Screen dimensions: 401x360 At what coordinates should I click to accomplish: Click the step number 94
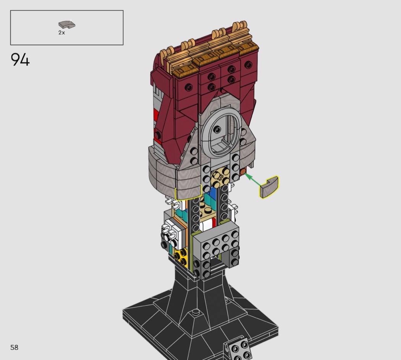tap(20, 60)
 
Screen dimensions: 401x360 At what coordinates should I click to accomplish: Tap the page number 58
tap(15, 347)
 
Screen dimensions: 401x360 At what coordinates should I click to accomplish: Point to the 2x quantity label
tap(61, 32)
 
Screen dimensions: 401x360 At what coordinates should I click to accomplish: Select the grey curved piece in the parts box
tap(67, 24)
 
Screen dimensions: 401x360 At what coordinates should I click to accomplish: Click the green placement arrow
tap(254, 179)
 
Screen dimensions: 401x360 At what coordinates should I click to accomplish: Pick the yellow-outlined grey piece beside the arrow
tap(269, 187)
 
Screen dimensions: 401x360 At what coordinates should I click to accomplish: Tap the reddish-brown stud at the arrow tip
tap(243, 171)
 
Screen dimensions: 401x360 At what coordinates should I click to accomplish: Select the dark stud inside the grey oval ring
tap(217, 130)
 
